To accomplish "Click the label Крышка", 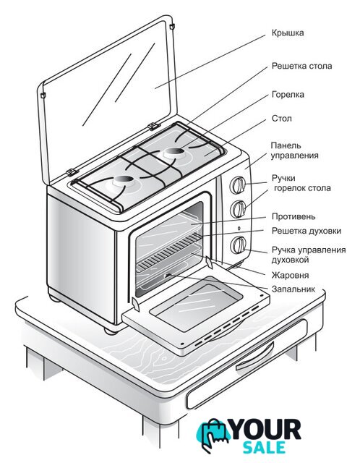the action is tap(288, 33).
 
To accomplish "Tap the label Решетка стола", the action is tap(301, 66).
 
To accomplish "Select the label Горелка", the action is tap(288, 95).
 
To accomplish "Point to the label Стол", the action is tap(281, 119).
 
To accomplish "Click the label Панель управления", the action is tap(294, 150).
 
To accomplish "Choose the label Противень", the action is tap(293, 217).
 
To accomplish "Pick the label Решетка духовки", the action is tap(307, 231).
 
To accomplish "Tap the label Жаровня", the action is tap(290, 275).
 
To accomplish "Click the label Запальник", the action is tap(293, 289).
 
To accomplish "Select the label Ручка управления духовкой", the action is tap(309, 255).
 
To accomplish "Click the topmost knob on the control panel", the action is tap(238, 185).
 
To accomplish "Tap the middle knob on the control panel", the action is tap(238, 209).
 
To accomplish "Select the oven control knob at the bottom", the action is tap(238, 245).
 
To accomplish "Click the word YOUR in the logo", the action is tap(266, 430).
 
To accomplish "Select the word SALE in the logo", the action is tap(265, 448).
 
